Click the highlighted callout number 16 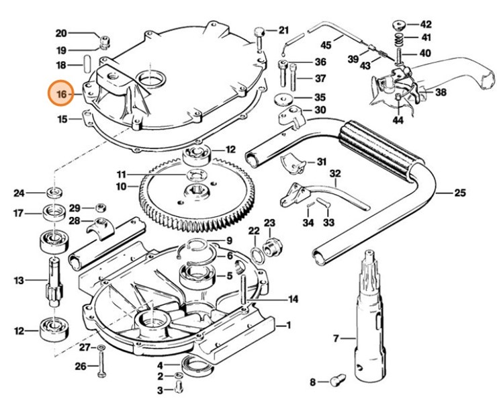[61, 95]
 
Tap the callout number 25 [459, 193]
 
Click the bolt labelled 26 [99, 367]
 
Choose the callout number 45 [326, 46]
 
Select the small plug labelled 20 [104, 44]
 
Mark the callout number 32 [335, 173]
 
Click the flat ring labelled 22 [257, 253]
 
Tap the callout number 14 [293, 299]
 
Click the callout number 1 [288, 326]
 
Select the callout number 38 [441, 92]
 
